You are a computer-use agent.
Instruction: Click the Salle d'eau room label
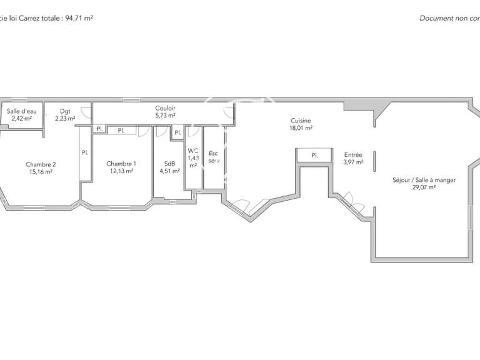coord(21,111)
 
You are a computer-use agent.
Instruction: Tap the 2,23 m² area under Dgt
coord(65,118)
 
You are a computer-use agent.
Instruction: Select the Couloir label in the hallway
coord(165,108)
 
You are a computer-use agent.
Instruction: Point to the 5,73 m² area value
coord(165,115)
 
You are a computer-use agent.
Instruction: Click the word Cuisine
coord(301,121)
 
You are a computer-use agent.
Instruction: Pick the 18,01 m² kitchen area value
coord(301,127)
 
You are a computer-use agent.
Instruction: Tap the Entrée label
coord(353,155)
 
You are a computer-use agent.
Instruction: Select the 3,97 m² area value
coord(353,162)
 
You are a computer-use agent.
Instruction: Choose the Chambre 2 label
coord(40,164)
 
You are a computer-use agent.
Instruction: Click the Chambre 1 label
coord(121,163)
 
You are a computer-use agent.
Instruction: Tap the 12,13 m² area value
coord(121,171)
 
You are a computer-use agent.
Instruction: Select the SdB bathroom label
coord(169,163)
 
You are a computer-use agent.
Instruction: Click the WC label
coord(193,151)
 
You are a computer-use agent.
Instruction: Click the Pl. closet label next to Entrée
coord(314,155)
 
